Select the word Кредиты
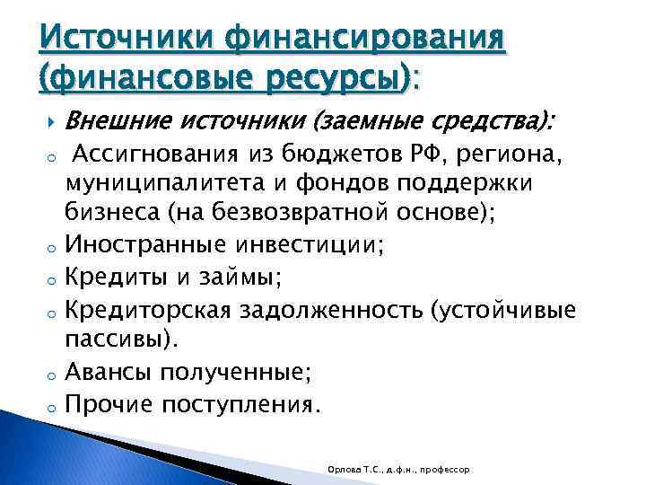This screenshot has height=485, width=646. point(114,278)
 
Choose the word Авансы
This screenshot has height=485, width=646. point(109,372)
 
